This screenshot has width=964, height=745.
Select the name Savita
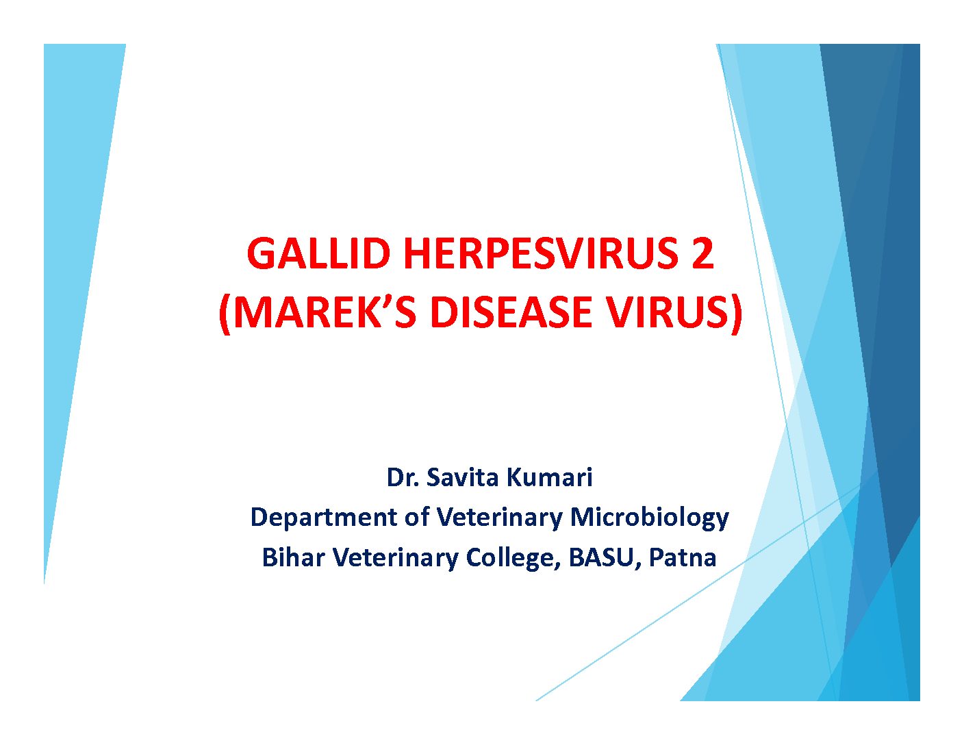(462, 477)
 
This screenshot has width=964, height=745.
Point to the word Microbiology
(650, 518)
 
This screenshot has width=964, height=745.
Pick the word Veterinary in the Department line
(500, 518)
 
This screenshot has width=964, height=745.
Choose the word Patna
(683, 557)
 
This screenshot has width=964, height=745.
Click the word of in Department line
(417, 518)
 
